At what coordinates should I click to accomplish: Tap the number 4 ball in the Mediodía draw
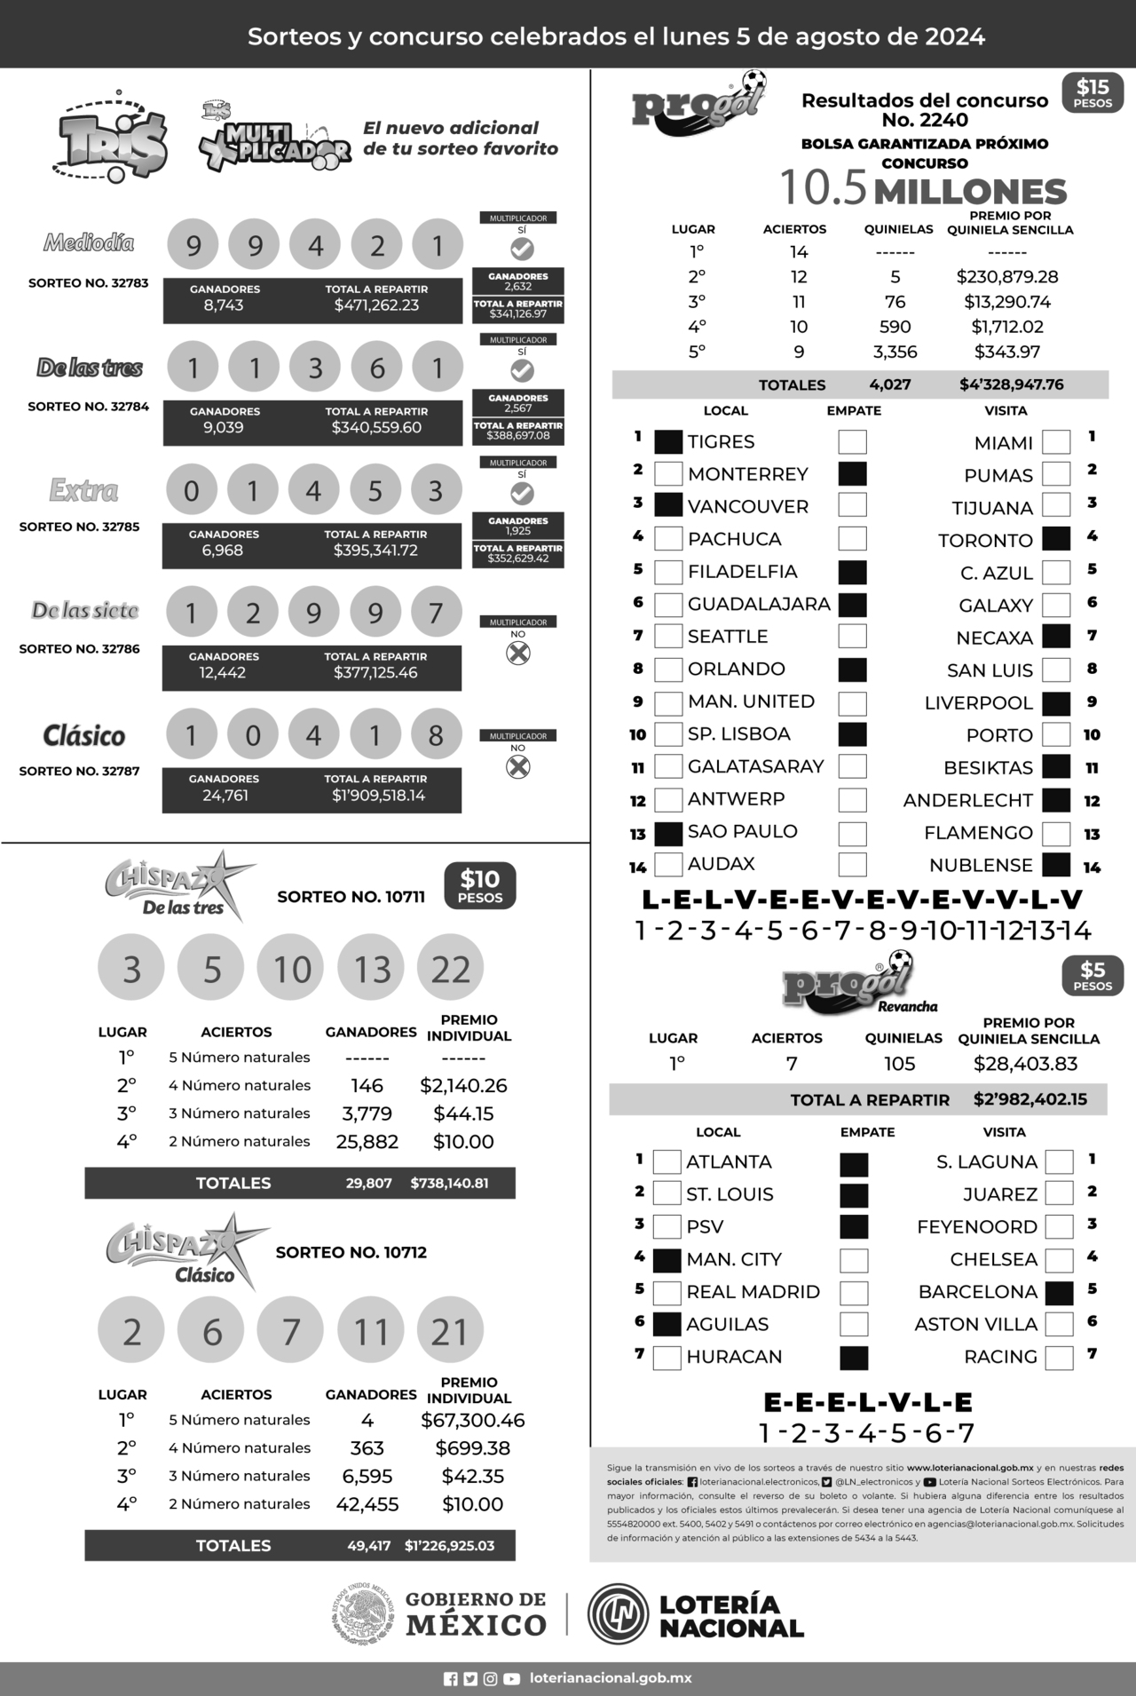[x=316, y=245]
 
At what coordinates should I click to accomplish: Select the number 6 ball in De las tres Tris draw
[x=377, y=368]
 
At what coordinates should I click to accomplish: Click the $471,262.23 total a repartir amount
[x=376, y=305]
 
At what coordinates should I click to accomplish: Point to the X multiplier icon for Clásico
[x=518, y=766]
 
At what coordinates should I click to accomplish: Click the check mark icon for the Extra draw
[x=522, y=493]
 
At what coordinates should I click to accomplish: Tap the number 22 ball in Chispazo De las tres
[x=451, y=969]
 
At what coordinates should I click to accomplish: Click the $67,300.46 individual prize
[x=472, y=1421]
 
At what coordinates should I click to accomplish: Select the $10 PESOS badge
[x=480, y=886]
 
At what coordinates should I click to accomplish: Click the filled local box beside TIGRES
[x=668, y=442]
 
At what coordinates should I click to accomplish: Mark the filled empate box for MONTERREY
[x=853, y=474]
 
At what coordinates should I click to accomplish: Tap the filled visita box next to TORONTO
[x=1056, y=539]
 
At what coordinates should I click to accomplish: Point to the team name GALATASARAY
[x=755, y=766]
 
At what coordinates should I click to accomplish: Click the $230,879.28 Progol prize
[x=1007, y=277]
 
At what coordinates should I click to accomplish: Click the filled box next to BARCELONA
[x=1060, y=1293]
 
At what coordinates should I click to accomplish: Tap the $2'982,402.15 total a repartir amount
[x=1029, y=1099]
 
